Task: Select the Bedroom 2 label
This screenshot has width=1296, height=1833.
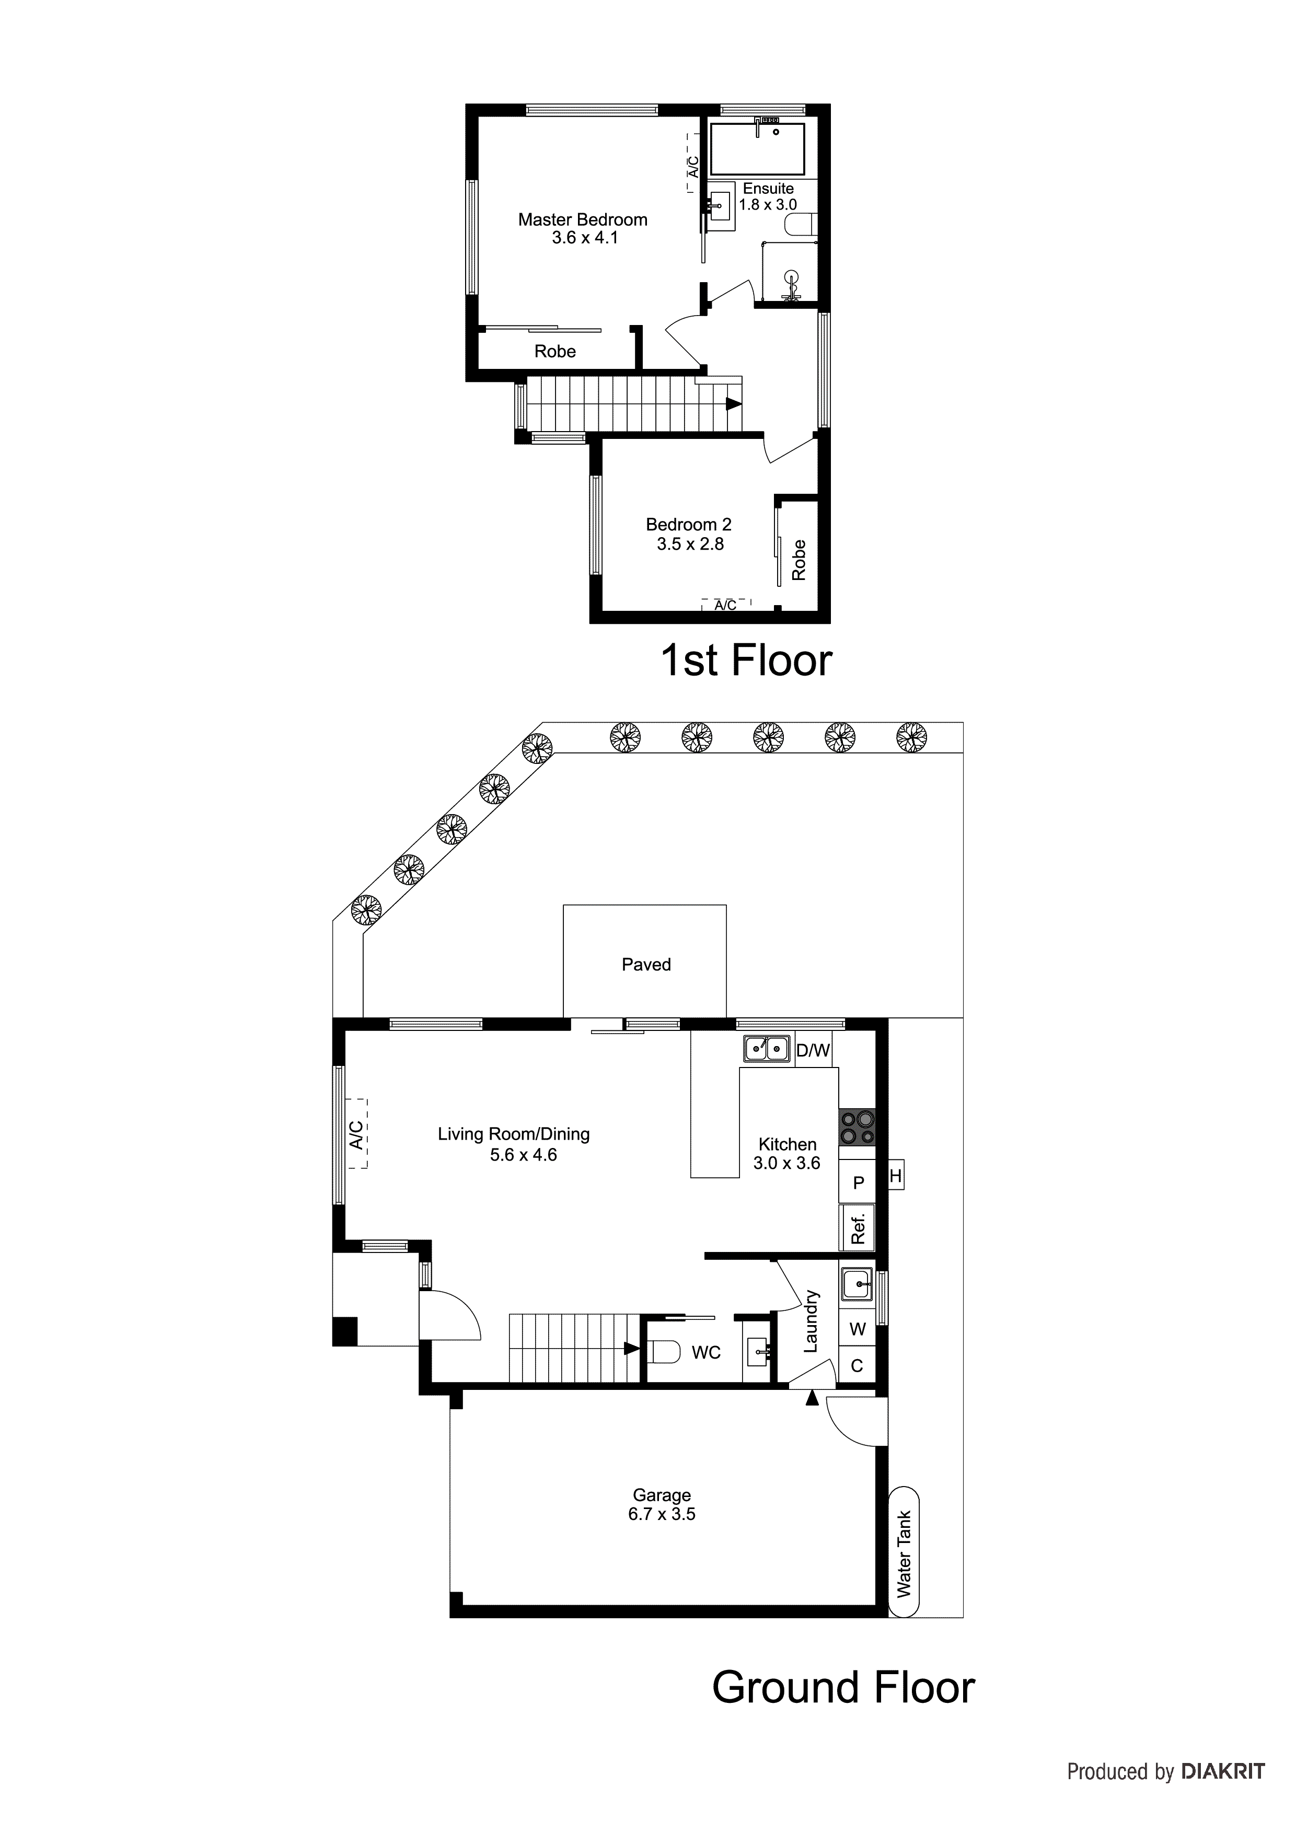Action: coord(688,525)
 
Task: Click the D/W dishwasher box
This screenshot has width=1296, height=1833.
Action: coord(813,1051)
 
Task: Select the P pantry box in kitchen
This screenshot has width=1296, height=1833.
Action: coord(858,1182)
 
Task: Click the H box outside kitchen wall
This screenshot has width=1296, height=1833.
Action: coord(895,1175)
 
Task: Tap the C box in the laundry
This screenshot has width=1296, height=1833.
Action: coord(857,1366)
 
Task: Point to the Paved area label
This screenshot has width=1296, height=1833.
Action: coord(646,965)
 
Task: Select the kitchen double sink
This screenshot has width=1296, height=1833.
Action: coord(767,1048)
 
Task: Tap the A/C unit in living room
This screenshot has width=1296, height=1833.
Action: coord(357,1134)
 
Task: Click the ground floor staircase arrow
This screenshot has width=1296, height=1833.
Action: coord(631,1349)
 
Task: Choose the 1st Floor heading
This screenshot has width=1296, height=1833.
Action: coord(746,661)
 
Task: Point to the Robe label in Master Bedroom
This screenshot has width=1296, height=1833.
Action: coord(555,351)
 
